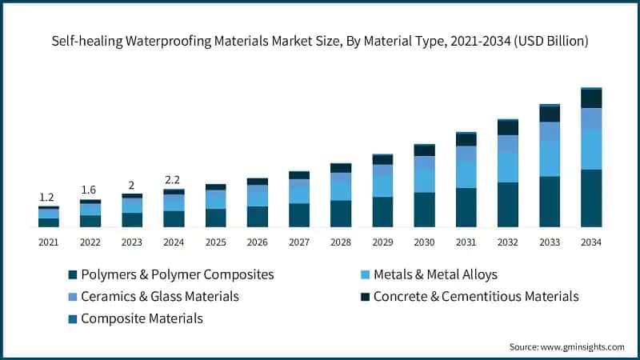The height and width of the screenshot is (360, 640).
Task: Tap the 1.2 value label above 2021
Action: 48,197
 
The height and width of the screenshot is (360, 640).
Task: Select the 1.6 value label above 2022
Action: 90,190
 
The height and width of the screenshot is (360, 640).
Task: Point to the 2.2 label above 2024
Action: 174,179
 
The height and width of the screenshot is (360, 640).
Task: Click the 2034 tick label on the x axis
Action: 591,242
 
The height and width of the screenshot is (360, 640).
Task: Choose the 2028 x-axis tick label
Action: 341,242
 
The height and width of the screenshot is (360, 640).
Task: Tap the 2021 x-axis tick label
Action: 48,242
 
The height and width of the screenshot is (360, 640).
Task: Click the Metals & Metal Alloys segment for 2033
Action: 550,158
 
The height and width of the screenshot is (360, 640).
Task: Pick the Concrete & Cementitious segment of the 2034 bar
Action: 591,98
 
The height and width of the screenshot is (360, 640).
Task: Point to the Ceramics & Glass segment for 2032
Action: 508,143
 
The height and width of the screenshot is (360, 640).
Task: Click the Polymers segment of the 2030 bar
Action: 424,210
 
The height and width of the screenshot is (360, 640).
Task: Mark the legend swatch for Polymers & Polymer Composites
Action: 74,275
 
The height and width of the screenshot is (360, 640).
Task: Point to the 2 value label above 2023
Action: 132,185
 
